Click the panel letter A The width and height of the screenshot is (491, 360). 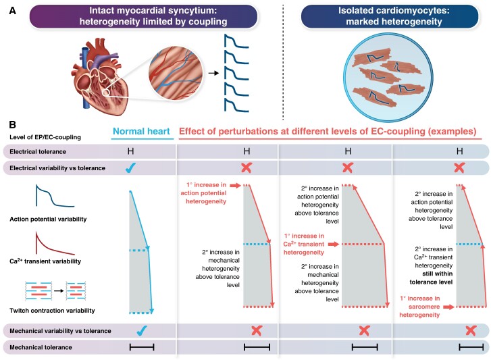pos(13,11)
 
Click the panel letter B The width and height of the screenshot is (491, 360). pos(13,124)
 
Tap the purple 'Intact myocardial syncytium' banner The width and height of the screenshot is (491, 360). pos(144,16)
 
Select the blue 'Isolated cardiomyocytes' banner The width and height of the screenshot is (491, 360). pos(390,16)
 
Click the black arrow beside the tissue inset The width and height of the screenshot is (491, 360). pos(213,73)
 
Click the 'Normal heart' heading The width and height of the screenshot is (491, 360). pos(141,132)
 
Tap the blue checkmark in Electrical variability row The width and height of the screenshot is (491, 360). pos(130,168)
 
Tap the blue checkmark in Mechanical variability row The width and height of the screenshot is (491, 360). pos(142,330)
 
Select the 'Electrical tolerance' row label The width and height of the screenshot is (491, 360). pos(38,152)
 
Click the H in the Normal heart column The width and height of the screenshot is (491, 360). pos(130,151)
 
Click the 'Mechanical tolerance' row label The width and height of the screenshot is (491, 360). pos(41,347)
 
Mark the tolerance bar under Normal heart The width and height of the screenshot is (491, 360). pos(142,347)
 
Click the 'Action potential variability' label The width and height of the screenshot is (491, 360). pos(48,219)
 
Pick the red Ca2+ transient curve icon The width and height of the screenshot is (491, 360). pos(55,244)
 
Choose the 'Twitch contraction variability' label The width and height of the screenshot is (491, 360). pos(52,311)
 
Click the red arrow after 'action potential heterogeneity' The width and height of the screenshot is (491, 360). pos(235,186)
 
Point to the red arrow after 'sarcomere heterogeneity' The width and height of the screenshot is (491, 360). pos(448,307)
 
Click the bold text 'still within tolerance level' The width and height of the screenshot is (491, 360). pos(431,278)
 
